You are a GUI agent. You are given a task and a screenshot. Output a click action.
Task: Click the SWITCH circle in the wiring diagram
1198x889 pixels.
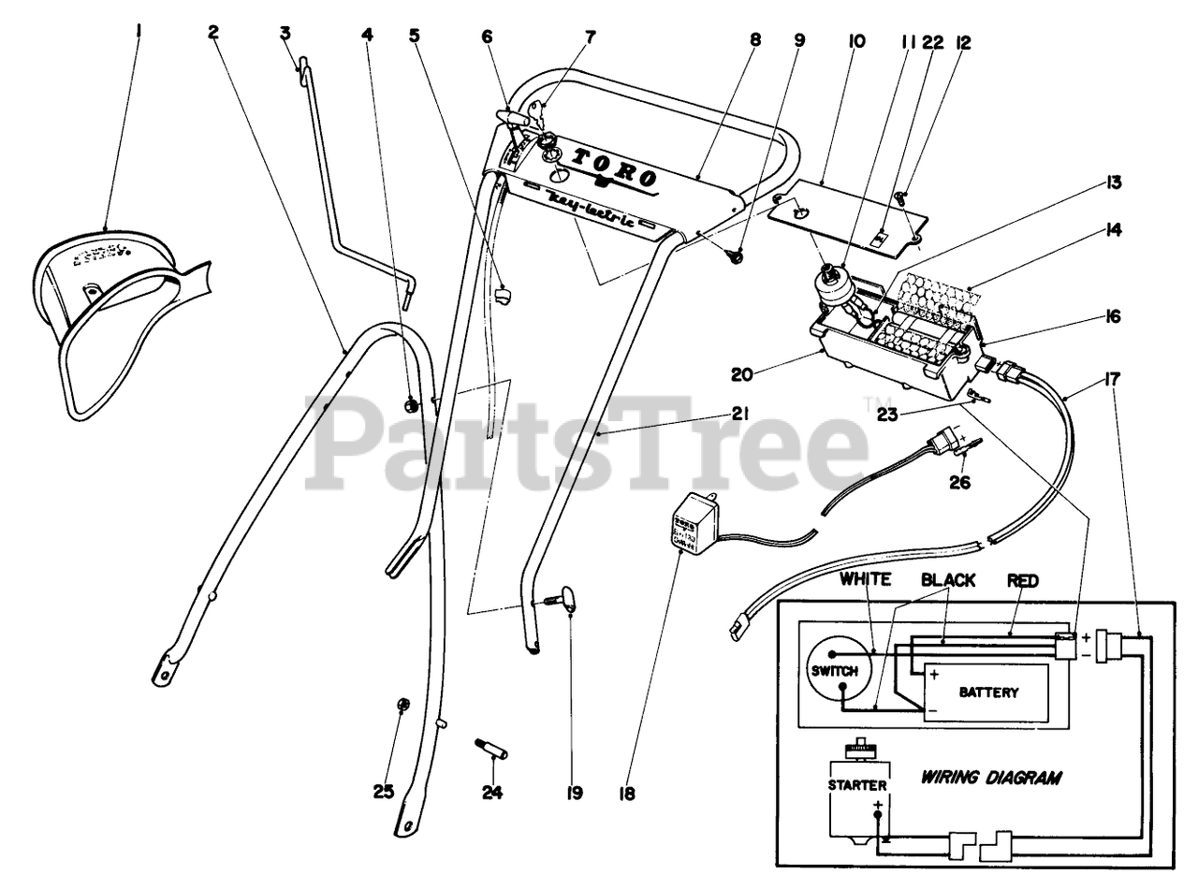(x=839, y=671)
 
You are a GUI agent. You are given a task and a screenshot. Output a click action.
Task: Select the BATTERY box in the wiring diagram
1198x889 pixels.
(x=987, y=692)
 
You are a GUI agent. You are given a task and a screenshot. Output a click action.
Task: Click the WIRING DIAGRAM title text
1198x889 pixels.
(x=991, y=778)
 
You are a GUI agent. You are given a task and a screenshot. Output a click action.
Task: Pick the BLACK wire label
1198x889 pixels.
(x=947, y=580)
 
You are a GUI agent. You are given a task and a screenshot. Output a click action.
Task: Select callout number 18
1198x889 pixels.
(x=626, y=794)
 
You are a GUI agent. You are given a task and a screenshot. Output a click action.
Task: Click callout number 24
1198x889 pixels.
(x=492, y=794)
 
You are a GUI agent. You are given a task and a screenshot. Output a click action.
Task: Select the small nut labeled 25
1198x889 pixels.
(x=404, y=704)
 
